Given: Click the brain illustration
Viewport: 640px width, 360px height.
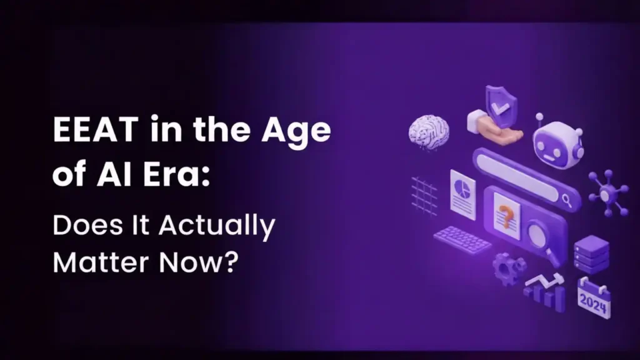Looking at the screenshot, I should [x=429, y=131].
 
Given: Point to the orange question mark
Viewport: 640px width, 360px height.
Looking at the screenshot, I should [x=507, y=214].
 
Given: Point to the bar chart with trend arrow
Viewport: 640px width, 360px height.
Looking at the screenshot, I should [x=545, y=292].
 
